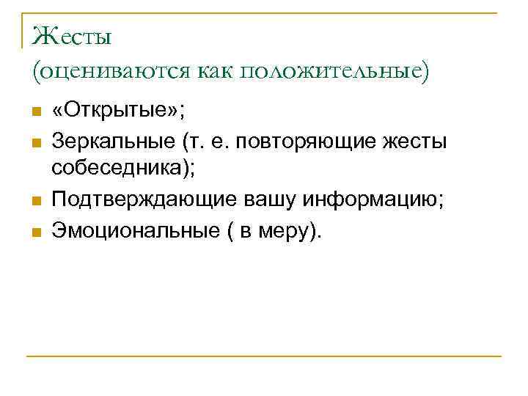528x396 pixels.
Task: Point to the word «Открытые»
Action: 117,112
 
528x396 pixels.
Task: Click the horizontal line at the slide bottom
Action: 264,356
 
